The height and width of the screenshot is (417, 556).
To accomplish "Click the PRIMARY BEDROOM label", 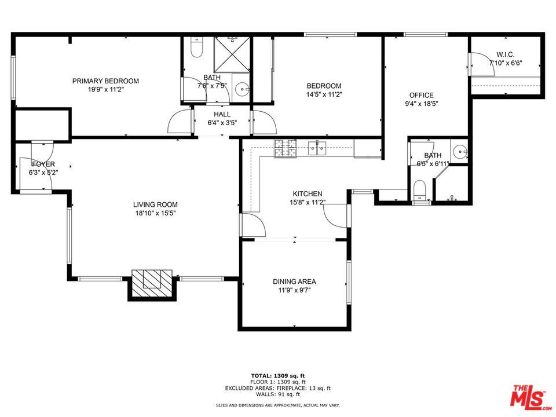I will tap(105, 81).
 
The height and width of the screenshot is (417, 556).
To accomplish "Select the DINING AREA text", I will tap(294, 281).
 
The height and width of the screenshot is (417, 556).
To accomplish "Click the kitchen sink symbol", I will tap(317, 149).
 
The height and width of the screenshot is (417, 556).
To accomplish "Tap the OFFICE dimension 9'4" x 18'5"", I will tap(421, 104).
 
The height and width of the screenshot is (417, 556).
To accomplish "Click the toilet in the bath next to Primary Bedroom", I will tap(196, 49).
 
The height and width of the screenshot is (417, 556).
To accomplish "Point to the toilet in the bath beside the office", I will tap(419, 189).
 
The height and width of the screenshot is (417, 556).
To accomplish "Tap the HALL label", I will tap(222, 114).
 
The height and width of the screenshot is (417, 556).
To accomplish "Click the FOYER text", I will tap(43, 164).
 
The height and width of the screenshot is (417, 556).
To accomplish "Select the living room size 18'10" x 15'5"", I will tap(155, 213).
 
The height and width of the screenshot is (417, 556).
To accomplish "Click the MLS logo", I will tap(528, 396).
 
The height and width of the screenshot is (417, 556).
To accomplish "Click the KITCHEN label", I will tap(307, 193).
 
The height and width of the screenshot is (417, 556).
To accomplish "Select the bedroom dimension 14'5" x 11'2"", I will tap(324, 94).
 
